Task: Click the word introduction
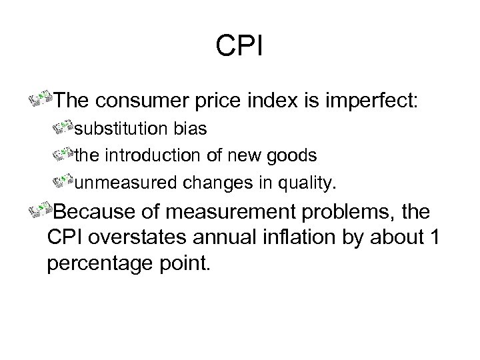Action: tap(145, 155)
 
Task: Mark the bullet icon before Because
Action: tap(41, 211)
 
